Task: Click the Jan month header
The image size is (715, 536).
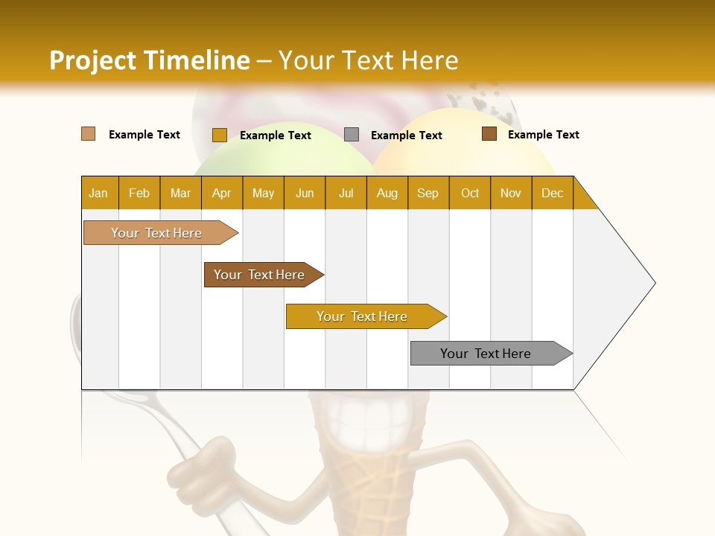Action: click(99, 193)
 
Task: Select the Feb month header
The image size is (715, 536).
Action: click(139, 193)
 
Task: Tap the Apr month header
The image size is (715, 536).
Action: click(222, 193)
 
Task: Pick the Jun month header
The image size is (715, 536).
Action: click(305, 193)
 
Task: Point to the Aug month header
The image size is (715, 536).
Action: click(387, 193)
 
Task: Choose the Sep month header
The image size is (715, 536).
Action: click(428, 193)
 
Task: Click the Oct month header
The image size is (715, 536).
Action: click(470, 193)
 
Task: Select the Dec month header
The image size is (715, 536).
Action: click(553, 193)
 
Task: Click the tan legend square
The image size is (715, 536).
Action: click(89, 134)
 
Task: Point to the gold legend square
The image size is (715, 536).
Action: click(220, 135)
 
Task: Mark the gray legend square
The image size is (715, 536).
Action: click(352, 135)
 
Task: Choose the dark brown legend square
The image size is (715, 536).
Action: click(489, 134)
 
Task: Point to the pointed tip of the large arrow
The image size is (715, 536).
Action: click(654, 283)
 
